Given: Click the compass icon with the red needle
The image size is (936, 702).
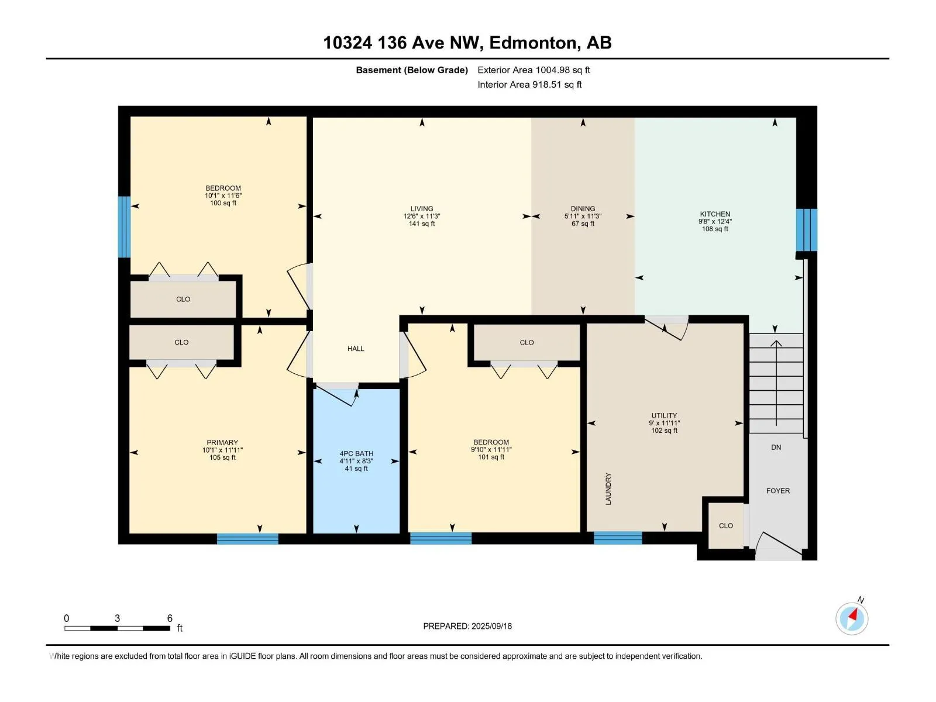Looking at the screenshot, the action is point(852,618).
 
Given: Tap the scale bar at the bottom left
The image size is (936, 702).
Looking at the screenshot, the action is point(117,628).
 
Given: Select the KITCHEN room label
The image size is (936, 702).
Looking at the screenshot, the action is point(715,214).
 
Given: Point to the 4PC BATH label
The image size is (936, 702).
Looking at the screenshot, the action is point(356,453).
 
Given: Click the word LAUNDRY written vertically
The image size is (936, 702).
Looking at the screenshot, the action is point(608,489).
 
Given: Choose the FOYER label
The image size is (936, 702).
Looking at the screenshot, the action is point(778,491).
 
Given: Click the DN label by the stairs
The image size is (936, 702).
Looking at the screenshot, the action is point(776,447).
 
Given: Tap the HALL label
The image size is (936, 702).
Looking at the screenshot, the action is point(356,349).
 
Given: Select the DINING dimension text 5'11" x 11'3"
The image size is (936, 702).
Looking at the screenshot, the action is point(583,216).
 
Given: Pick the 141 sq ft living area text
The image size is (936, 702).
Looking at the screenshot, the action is point(422,224).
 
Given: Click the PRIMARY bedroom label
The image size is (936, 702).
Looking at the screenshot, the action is point(222,442).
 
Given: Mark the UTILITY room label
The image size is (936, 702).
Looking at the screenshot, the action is point(664,415).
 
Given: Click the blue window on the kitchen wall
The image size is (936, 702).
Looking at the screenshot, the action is point(807,230).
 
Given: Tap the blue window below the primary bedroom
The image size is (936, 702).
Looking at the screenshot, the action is point(248,539).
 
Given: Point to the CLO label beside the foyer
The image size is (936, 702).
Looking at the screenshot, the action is point(726,526).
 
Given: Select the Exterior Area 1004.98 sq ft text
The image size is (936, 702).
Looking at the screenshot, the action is point(534,70).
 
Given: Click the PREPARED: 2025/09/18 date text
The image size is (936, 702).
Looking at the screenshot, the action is point(467,626).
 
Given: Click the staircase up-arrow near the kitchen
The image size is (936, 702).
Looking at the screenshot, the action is point(776,383).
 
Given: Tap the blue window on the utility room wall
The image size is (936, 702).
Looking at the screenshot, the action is point(618,538).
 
